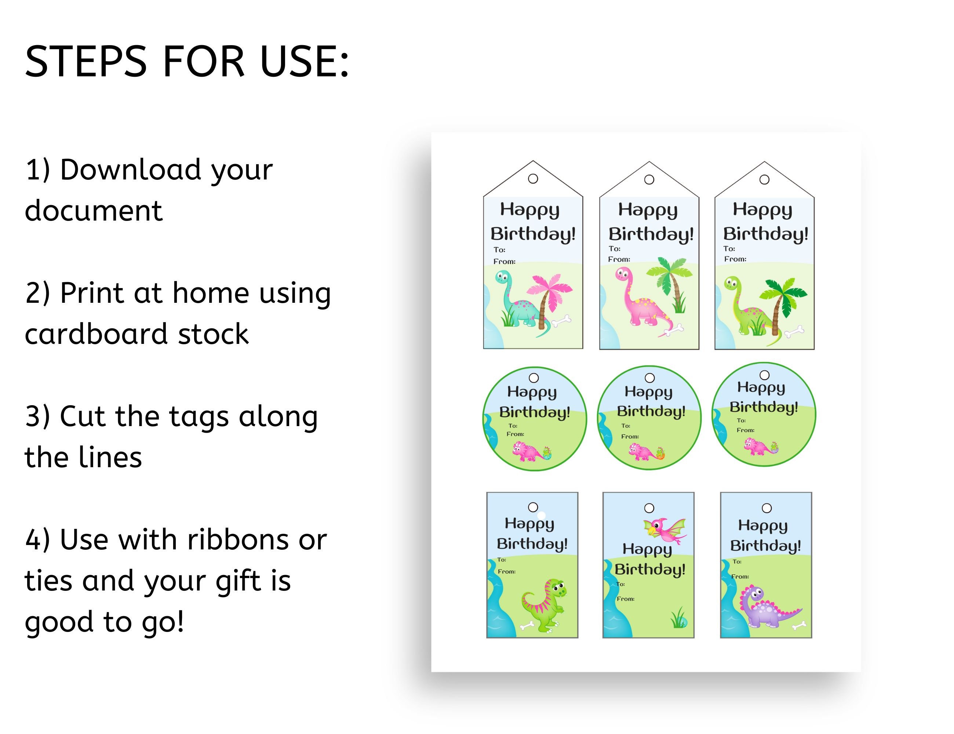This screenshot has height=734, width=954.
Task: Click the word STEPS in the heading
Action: click(85, 62)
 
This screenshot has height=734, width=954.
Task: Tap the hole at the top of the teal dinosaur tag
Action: click(533, 179)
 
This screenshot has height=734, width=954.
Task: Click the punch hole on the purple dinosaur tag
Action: click(767, 508)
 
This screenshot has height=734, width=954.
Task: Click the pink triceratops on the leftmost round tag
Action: click(527, 451)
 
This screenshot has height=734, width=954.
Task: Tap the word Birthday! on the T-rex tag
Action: click(532, 544)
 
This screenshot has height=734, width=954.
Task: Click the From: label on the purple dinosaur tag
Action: click(740, 577)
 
